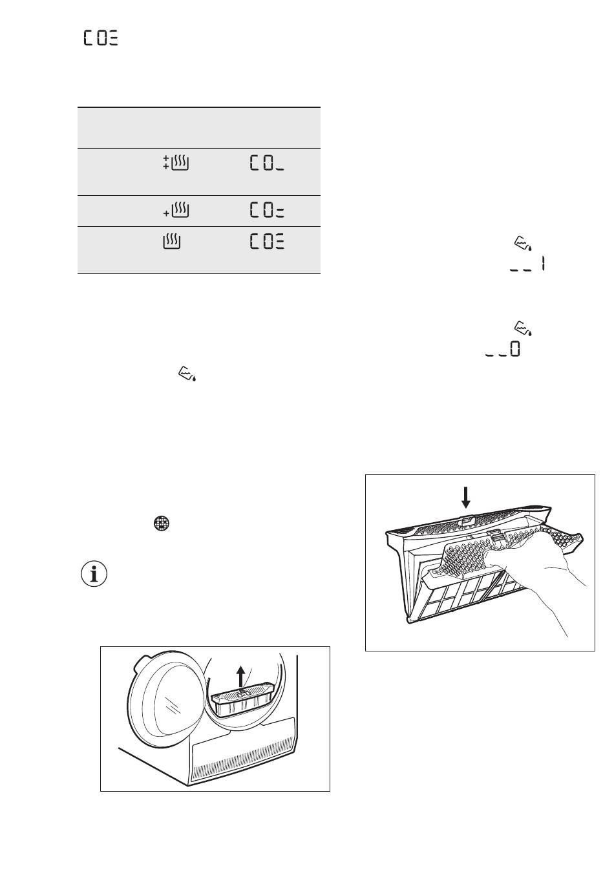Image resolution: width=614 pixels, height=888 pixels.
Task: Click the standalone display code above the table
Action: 101,38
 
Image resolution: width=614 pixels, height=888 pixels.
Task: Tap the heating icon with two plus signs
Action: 176,163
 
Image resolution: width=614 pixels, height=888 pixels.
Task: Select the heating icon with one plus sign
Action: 176,210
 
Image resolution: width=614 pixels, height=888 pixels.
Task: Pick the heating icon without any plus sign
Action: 172,242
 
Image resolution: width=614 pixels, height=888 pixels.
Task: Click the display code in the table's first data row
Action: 267,163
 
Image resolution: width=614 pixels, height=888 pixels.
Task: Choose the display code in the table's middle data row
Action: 267,210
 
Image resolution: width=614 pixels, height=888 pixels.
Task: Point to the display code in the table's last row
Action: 267,242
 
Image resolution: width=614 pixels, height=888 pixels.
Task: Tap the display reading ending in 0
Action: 503,349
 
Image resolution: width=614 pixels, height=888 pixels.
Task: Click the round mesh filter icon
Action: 162,523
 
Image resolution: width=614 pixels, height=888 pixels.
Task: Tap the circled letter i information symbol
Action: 94,574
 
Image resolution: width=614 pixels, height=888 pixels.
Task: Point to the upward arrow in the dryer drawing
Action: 240,676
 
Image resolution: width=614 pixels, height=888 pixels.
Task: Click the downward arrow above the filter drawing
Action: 466,498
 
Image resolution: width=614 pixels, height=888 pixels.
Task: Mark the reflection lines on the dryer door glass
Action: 171,706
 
